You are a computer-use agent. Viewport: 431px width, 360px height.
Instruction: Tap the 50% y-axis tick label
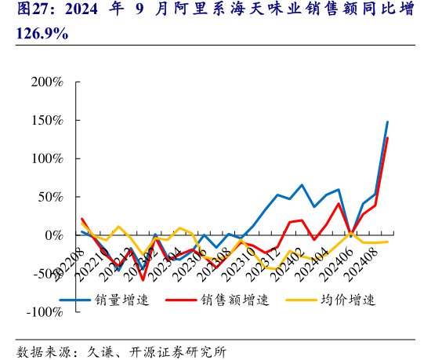coord(50,197)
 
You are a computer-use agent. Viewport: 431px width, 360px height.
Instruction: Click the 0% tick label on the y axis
coord(54,235)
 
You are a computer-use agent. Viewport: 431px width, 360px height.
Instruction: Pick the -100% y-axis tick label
coord(44,312)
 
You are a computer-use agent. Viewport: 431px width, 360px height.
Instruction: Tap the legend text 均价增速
coord(349,300)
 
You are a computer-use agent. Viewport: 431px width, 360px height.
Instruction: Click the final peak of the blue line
coord(387,122)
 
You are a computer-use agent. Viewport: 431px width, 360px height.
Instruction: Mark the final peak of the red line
coord(387,138)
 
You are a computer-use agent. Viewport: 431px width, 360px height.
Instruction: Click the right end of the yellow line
coord(387,242)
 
